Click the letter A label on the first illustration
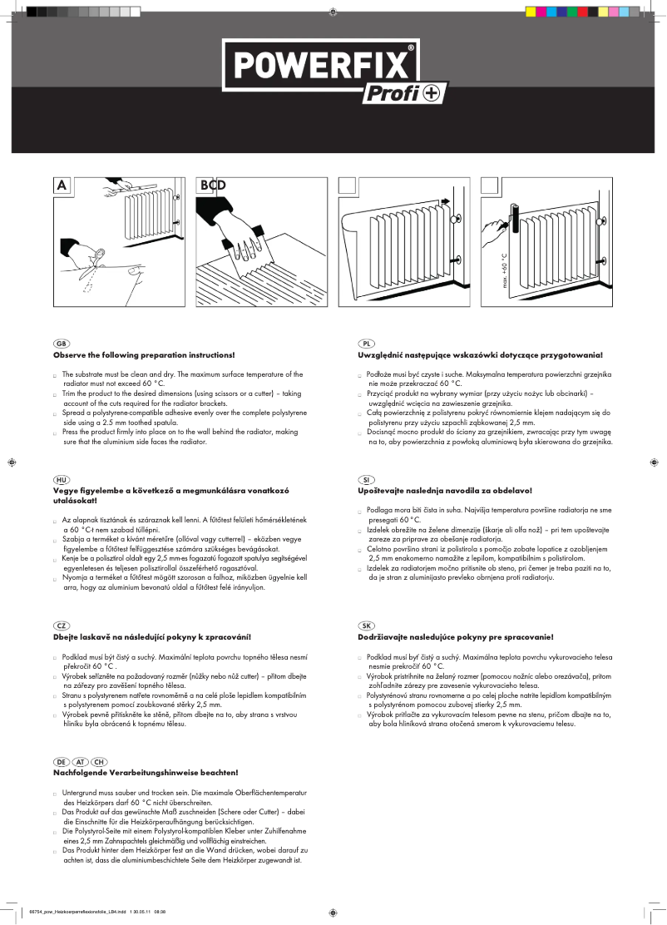(62, 185)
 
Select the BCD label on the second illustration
(212, 185)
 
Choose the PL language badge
(367, 344)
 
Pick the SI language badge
(367, 481)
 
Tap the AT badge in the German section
(81, 762)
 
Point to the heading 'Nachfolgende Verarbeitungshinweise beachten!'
(146, 773)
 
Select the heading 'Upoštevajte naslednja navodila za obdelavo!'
(444, 492)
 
